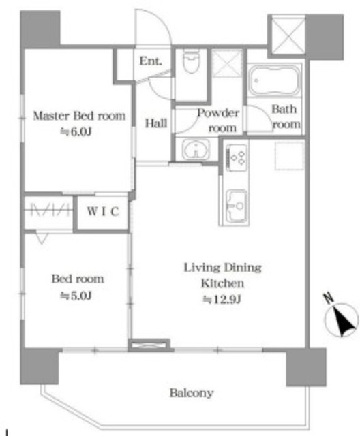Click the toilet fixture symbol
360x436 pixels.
point(192,61)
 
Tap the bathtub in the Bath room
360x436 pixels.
point(274,80)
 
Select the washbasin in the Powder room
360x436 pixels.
point(196,150)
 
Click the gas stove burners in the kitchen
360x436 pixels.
point(237,157)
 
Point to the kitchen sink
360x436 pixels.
point(237,206)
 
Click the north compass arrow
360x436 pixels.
point(342,320)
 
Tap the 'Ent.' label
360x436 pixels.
point(151,61)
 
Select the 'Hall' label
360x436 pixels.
point(156,123)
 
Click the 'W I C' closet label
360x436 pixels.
point(103,212)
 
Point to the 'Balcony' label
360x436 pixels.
point(192,393)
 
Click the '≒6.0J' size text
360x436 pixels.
point(76,131)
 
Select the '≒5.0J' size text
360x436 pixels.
point(76,296)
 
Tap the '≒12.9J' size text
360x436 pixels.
point(222,300)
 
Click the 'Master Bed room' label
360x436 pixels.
point(79,116)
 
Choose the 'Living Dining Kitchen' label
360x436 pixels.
point(222,275)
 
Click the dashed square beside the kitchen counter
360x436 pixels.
point(289,156)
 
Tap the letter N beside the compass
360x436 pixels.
point(329,298)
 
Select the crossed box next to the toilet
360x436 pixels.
point(227,63)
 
